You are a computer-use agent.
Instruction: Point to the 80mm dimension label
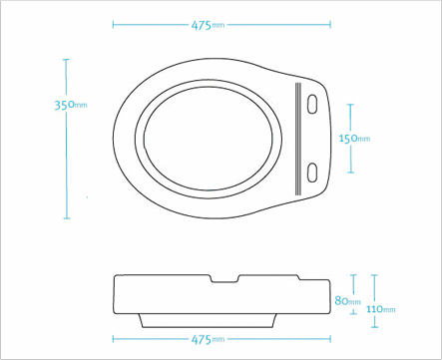coord(348,300)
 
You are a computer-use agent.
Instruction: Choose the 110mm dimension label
coord(381,309)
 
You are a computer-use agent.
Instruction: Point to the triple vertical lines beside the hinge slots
coord(297,138)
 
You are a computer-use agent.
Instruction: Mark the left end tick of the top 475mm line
coord(113,24)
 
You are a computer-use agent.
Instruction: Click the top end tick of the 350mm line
coord(67,60)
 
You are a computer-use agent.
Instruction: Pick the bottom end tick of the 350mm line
coord(67,218)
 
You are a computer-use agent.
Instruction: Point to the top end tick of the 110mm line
coord(373,275)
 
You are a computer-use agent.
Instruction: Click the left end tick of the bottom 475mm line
coord(113,338)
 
